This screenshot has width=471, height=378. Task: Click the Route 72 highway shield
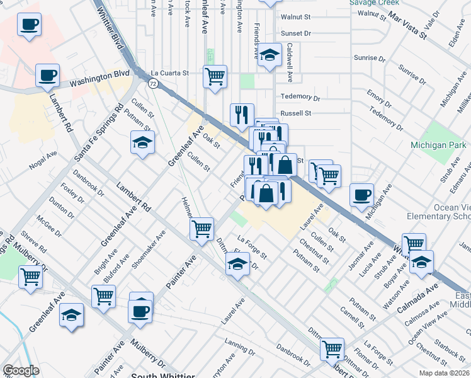[x=153, y=83]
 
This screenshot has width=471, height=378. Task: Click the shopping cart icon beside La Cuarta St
[x=215, y=77]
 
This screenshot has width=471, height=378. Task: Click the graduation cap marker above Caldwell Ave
[x=270, y=55]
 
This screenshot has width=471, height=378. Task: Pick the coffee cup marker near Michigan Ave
[x=362, y=195]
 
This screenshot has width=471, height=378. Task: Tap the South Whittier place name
[x=161, y=375]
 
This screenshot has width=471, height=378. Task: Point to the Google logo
[x=21, y=370]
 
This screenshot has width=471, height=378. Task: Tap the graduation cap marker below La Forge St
[x=237, y=263]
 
